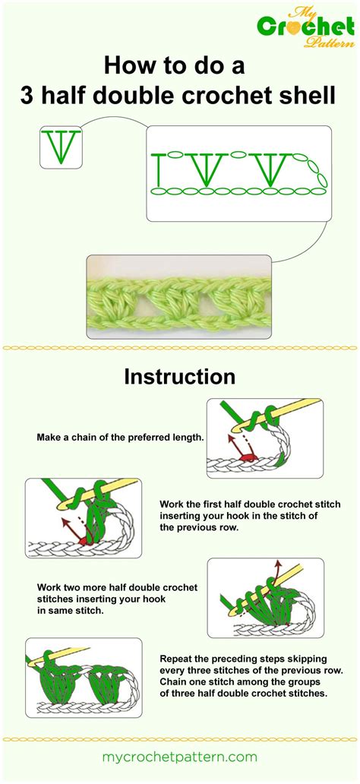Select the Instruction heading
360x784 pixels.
[179, 377]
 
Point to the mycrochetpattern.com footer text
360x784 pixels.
[179, 757]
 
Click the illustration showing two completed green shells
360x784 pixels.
[84, 678]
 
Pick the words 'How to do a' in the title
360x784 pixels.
[174, 66]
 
